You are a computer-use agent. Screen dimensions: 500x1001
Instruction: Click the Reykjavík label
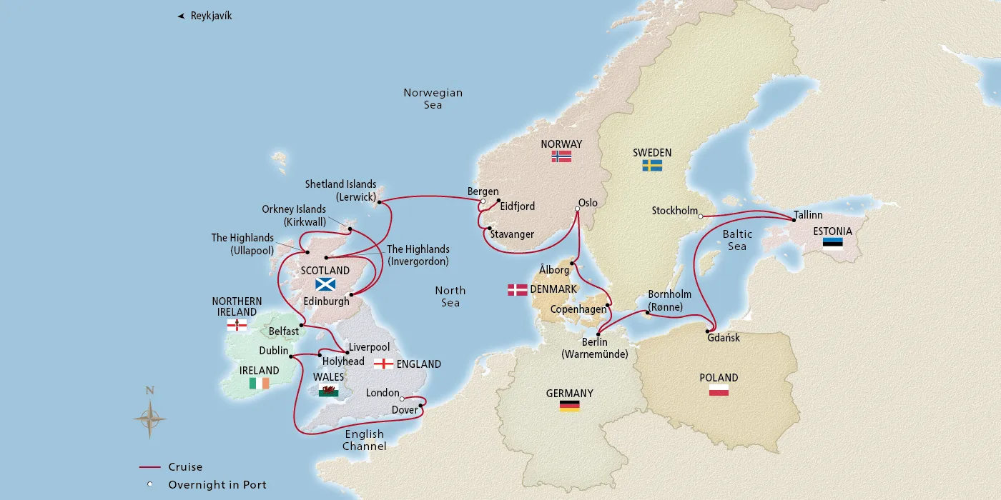(211, 16)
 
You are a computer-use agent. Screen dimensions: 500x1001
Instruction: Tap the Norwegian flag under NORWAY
(561, 156)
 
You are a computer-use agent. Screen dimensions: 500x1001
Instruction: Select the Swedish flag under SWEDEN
(651, 165)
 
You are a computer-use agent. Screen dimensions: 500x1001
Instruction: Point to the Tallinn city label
(807, 214)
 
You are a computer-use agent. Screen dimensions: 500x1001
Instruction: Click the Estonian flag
(832, 243)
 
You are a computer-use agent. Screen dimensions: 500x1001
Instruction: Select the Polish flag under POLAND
(719, 390)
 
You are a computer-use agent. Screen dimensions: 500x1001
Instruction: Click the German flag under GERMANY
(569, 406)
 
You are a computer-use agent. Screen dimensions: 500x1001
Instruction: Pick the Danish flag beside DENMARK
(518, 289)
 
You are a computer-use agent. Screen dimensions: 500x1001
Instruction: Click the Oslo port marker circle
(578, 209)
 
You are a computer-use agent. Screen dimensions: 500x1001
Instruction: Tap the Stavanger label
(512, 234)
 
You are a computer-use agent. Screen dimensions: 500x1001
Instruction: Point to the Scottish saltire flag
(326, 284)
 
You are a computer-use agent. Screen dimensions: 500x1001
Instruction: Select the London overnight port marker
(403, 399)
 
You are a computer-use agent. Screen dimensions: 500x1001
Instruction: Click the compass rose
(149, 417)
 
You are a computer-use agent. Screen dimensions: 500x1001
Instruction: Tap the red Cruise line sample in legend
(149, 468)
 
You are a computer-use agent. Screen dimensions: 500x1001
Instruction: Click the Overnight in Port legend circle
(149, 485)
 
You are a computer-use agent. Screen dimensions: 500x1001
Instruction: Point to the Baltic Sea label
(736, 240)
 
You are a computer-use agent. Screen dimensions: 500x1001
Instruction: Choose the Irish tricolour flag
(259, 384)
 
